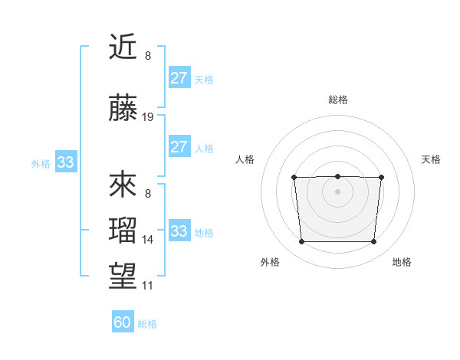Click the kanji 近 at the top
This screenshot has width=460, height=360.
pos(123,48)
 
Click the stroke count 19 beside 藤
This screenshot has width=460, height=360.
pos(148,117)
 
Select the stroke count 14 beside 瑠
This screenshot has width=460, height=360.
pos(148,240)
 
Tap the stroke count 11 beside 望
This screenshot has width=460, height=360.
pos(148,286)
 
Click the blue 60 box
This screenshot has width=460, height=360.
pos(123,322)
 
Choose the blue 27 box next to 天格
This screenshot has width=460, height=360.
pos(179,78)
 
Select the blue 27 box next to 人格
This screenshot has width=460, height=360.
pos(179,147)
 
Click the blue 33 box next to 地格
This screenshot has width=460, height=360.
pos(179,231)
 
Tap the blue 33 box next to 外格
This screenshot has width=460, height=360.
pos(65,162)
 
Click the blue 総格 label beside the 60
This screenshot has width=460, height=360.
pos(148,324)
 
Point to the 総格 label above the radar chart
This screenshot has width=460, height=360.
pos(337,100)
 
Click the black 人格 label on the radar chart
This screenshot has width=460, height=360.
pos(245,159)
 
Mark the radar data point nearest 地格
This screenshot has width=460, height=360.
pos(374,242)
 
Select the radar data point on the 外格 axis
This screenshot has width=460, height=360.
pos(301,242)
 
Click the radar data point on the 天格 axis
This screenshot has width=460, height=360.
pos(381,178)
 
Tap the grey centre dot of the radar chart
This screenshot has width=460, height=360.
pos(337,191)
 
